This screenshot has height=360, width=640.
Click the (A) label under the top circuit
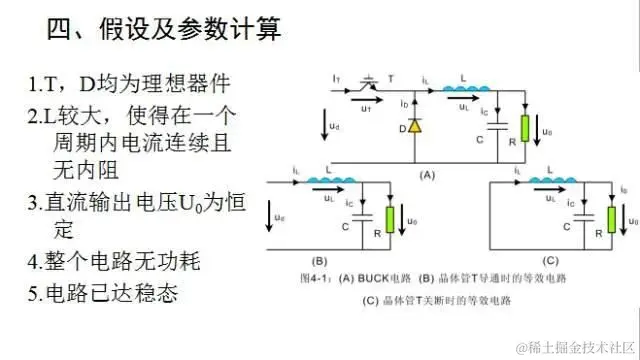click(x=427, y=173)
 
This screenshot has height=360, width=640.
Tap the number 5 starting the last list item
click(x=34, y=293)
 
